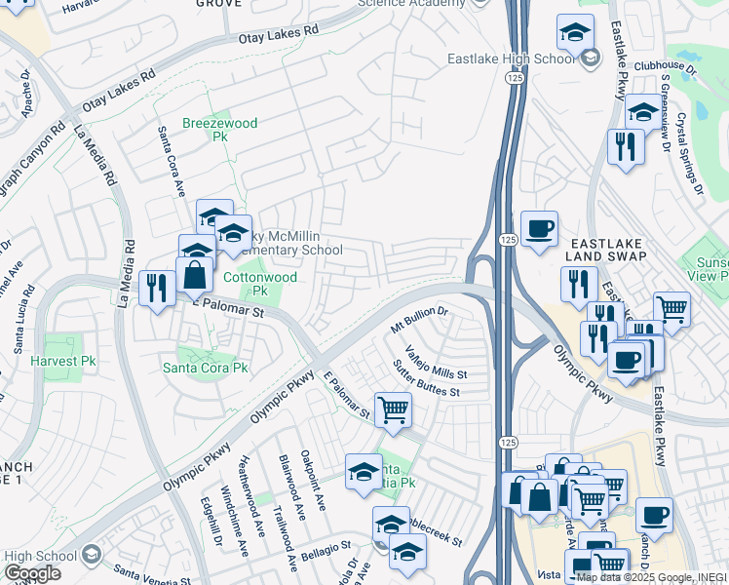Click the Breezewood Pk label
click(206, 131)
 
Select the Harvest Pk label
click(61, 361)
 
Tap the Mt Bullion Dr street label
click(418, 318)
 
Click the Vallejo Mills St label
click(436, 362)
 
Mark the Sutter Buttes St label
click(426, 378)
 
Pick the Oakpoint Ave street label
click(316, 481)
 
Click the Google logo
click(32, 573)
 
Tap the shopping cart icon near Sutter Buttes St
click(392, 409)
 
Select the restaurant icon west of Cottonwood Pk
click(156, 288)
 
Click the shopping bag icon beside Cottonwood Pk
click(195, 275)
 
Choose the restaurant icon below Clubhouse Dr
click(625, 146)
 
